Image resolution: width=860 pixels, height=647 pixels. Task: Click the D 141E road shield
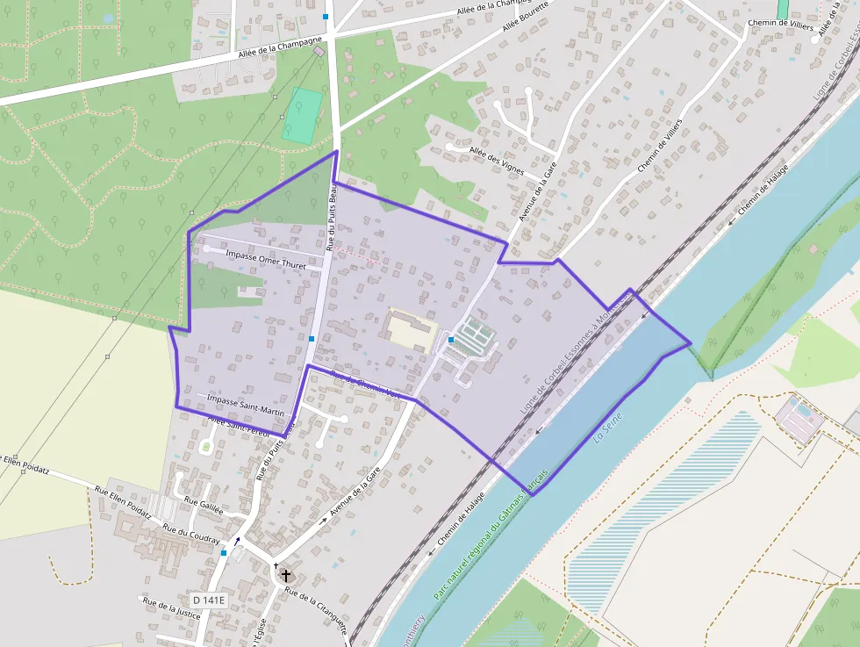[209, 600]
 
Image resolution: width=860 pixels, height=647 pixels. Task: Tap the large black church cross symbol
[285, 577]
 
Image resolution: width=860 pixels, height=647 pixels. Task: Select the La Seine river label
[607, 428]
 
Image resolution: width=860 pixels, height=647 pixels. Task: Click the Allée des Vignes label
[498, 155]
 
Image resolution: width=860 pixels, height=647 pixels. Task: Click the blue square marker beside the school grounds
[450, 339]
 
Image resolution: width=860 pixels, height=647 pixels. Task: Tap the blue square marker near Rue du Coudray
[225, 553]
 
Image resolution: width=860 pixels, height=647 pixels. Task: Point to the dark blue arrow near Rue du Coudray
[237, 541]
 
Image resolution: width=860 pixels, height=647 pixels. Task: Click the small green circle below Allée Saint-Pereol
[206, 447]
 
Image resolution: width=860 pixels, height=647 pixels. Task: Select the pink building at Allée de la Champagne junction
[319, 52]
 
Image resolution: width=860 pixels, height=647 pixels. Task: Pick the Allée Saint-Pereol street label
[239, 425]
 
